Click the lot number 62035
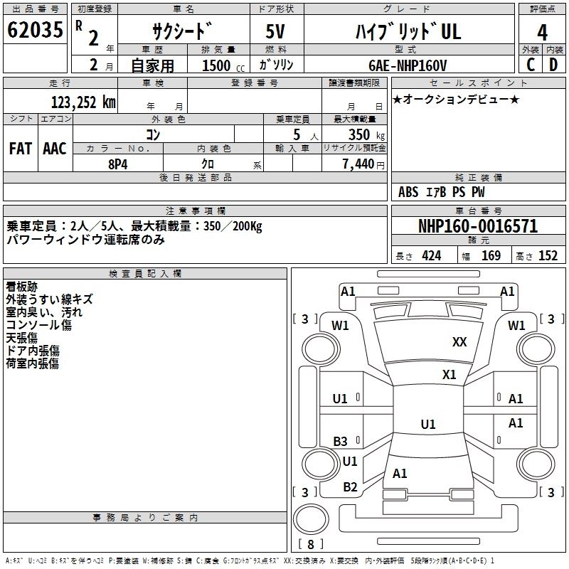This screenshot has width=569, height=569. tap(35, 29)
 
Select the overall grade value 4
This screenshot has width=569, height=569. tap(542, 32)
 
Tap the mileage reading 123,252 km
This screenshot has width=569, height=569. tap(83, 102)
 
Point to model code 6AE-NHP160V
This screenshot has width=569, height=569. tap(408, 65)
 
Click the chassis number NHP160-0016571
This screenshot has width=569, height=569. tap(478, 226)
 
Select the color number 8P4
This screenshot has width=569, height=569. tap(118, 164)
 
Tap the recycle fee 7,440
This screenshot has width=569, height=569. tap(358, 164)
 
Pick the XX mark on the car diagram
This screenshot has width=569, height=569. tap(459, 342)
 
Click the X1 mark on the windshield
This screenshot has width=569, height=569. tap(449, 374)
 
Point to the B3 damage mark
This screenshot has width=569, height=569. tap(341, 441)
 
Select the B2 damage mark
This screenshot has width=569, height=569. tap(350, 487)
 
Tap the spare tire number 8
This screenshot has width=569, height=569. tap(311, 544)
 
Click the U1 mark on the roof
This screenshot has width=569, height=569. tap(428, 424)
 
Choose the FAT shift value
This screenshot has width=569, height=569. tap(21, 149)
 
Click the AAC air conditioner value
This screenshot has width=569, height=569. tap(55, 149)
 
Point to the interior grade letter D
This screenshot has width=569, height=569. tap(553, 65)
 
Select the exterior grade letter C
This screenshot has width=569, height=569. tap(531, 65)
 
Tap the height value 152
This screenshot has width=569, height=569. tap(548, 256)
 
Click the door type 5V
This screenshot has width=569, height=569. tap(275, 31)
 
